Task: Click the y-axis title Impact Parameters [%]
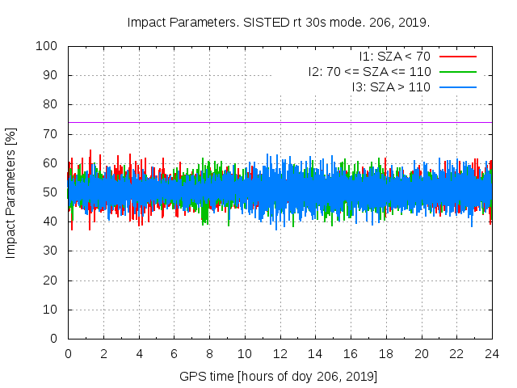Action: click(x=11, y=192)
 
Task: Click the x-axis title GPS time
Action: click(x=279, y=377)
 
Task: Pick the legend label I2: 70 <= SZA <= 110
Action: click(x=369, y=72)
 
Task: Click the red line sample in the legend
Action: click(x=457, y=57)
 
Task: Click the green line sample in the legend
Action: click(x=457, y=72)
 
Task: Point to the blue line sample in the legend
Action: click(x=457, y=86)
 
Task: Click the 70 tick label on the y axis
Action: click(x=51, y=134)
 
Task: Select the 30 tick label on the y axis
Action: click(x=51, y=251)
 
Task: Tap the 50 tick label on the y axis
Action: click(x=51, y=192)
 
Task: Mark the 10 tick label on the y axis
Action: click(x=51, y=310)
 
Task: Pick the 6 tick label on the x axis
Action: click(x=174, y=354)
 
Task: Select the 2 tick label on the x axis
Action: click(x=103, y=354)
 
